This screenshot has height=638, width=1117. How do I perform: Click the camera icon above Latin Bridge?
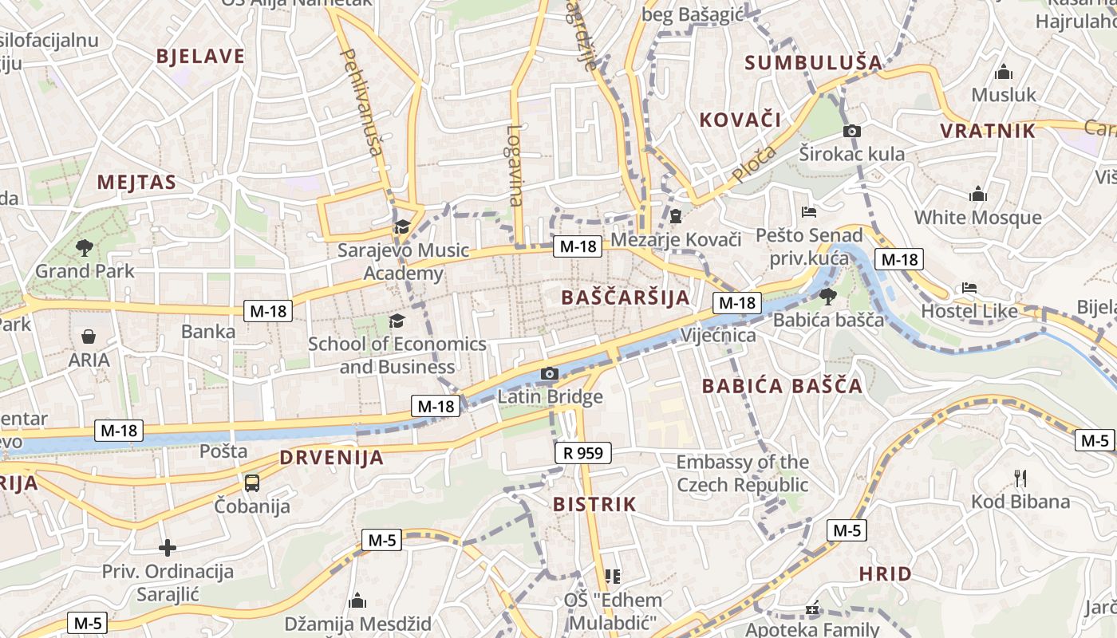[x=549, y=373]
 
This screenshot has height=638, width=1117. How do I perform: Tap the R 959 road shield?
[x=582, y=453]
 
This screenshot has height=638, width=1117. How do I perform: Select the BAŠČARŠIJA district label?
[x=625, y=297]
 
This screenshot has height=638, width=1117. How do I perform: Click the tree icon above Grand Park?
[x=84, y=248]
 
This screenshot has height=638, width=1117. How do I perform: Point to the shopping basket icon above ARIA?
[x=89, y=337]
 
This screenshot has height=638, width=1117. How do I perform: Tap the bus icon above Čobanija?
[x=252, y=482]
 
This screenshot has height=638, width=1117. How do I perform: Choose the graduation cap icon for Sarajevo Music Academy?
[x=402, y=226]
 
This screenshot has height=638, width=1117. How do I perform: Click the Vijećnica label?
[x=718, y=336]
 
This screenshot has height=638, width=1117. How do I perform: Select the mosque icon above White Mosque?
[x=977, y=194]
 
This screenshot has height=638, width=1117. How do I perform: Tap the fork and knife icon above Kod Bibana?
[x=1020, y=478]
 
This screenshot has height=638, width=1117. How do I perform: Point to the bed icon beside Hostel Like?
[x=969, y=287]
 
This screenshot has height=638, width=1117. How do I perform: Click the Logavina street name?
[x=515, y=165]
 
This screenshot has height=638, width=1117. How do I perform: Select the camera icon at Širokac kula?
[x=852, y=131]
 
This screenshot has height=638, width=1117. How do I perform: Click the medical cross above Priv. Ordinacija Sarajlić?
[x=167, y=548]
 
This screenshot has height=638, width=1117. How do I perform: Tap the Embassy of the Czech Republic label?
[x=742, y=473]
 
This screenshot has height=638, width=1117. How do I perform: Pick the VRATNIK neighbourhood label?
[x=987, y=131]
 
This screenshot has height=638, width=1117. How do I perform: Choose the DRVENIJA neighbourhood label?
[x=331, y=458]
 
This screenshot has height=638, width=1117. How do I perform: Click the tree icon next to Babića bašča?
[x=827, y=296]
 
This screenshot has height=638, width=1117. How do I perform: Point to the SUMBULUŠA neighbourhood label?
[x=813, y=62]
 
